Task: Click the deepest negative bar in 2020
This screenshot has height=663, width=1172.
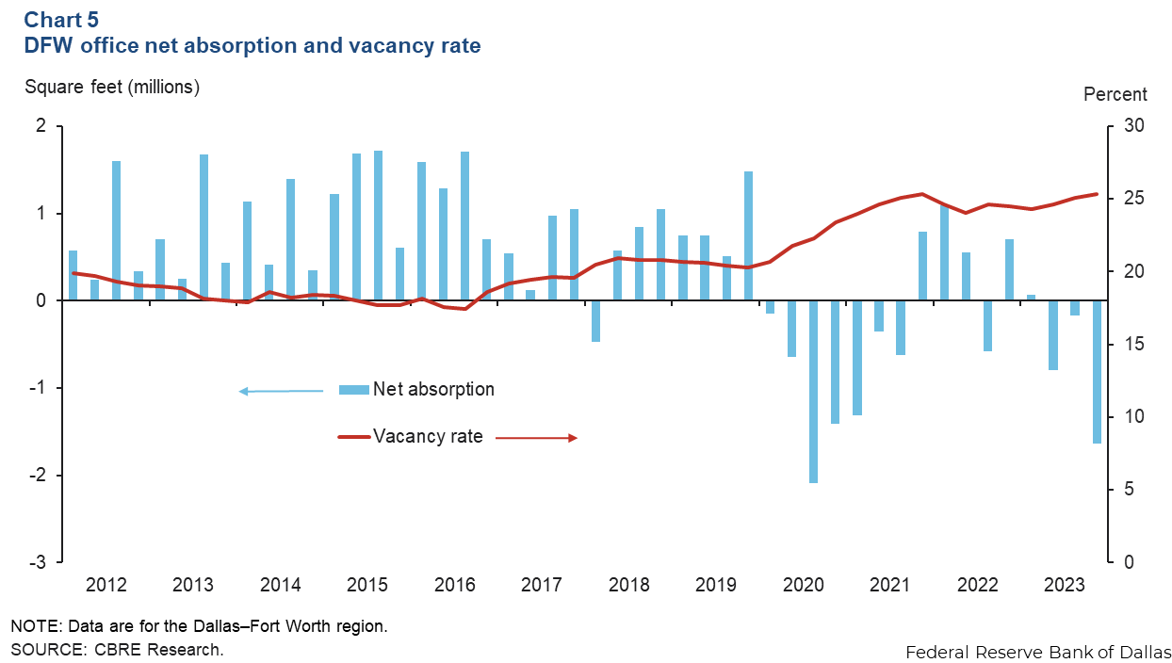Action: click(813, 391)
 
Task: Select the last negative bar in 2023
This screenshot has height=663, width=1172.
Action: click(1097, 372)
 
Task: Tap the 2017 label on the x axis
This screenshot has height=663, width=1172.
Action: click(542, 585)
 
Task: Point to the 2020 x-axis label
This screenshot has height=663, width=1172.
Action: click(804, 585)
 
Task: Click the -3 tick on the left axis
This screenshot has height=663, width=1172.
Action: click(40, 562)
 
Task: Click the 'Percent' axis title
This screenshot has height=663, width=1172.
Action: click(1115, 94)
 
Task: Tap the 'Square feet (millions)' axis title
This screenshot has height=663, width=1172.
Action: click(112, 88)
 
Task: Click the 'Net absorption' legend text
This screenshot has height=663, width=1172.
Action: click(433, 389)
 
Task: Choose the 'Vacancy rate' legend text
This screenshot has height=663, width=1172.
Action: click(428, 436)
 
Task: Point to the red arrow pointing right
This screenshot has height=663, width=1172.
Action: click(536, 438)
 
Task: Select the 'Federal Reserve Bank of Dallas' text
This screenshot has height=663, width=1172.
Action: click(1038, 652)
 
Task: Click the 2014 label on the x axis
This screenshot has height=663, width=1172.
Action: click(280, 585)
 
